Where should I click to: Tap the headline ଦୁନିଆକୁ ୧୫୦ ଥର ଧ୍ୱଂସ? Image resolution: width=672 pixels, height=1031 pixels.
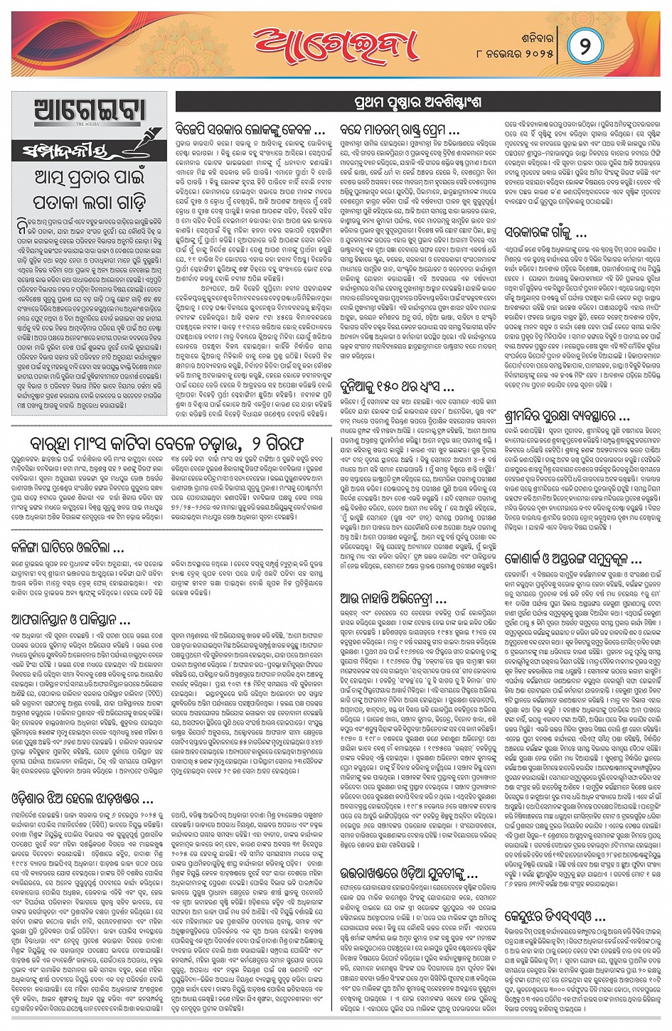pos(397,388)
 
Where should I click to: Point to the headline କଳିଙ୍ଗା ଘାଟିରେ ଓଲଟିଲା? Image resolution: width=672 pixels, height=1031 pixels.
pos(68,547)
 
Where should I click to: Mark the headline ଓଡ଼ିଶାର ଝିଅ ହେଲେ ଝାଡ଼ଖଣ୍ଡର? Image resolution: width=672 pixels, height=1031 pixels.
pos(82,798)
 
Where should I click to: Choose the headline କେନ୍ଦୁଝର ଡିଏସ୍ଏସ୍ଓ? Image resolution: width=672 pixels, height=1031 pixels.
pos(555,916)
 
